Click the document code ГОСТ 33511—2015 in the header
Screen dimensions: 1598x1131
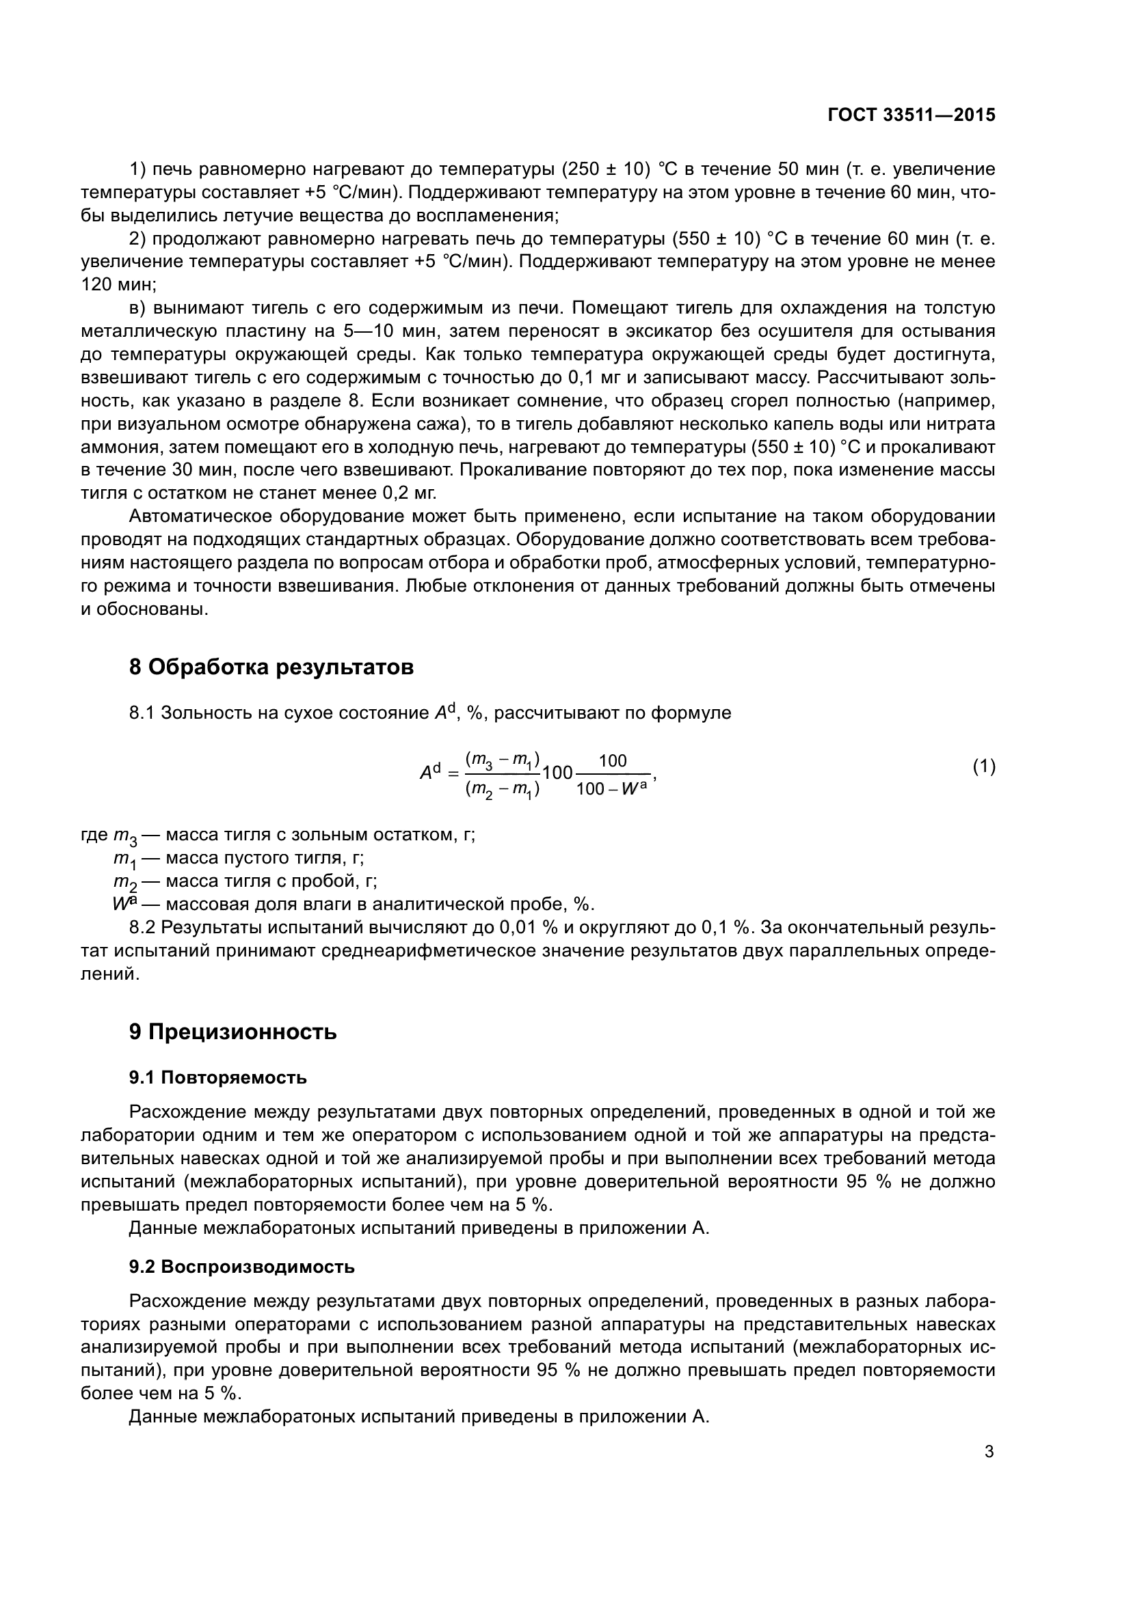click(912, 115)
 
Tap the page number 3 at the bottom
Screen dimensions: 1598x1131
click(989, 1452)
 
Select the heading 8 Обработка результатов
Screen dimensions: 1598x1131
click(271, 667)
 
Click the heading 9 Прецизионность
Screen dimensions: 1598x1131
click(232, 1032)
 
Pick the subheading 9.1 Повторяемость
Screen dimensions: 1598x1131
click(217, 1077)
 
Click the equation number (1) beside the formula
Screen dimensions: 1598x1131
click(984, 767)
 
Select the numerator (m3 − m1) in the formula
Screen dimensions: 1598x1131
click(502, 759)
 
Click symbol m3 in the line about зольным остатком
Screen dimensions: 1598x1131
click(126, 836)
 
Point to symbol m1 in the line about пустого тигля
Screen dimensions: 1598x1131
click(126, 859)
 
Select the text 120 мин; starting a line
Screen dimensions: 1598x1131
click(119, 285)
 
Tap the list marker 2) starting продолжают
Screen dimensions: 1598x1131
click(138, 238)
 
